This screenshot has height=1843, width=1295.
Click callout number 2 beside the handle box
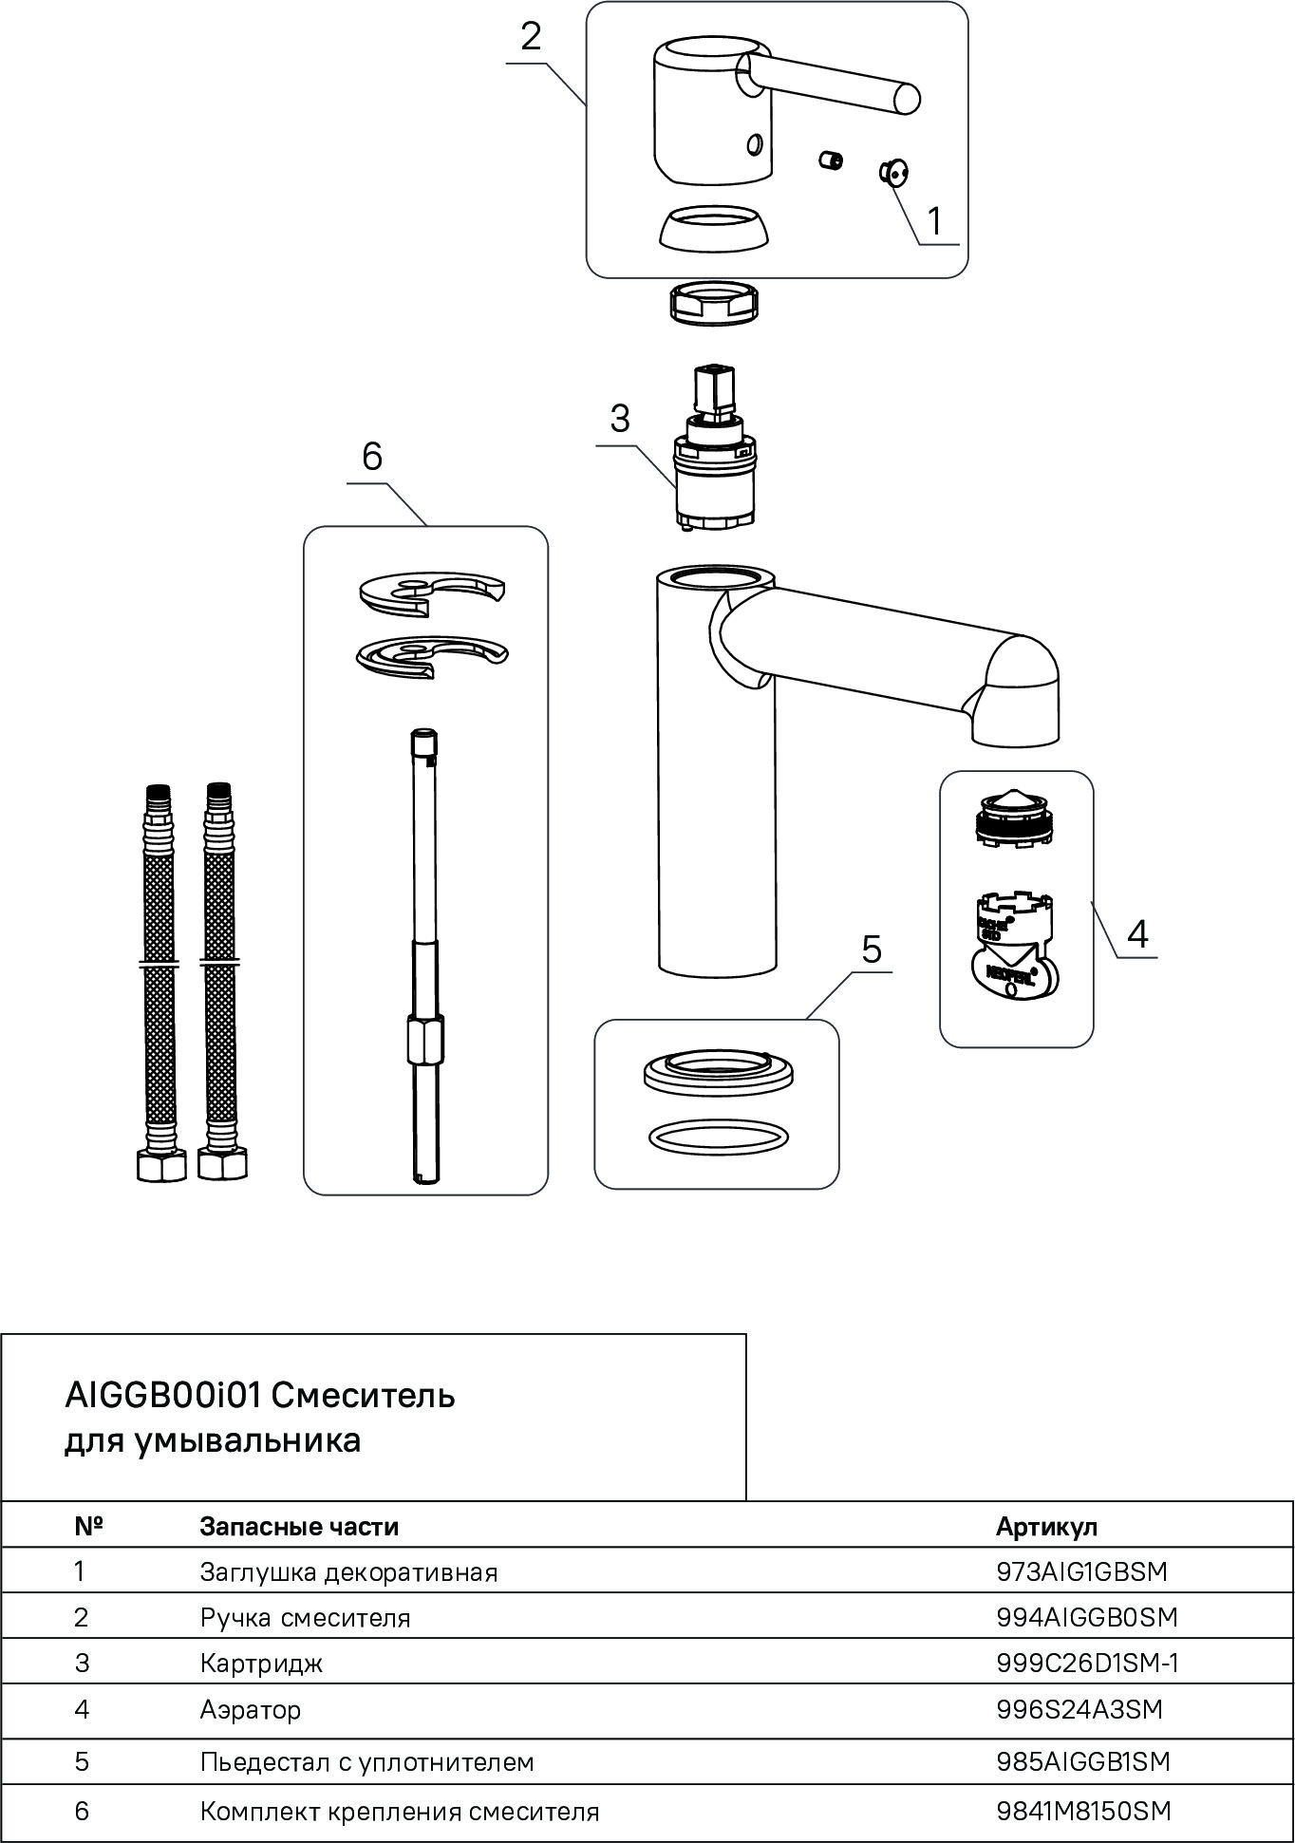[531, 37]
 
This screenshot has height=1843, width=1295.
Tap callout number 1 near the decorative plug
[934, 220]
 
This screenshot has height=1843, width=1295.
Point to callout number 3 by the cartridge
[620, 418]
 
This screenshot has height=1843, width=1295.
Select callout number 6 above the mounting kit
[372, 457]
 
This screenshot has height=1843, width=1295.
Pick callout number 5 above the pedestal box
[872, 949]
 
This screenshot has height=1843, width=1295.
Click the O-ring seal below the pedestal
[718, 1137]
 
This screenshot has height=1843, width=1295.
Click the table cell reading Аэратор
[251, 1709]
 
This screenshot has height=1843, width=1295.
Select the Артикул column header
[1046, 1526]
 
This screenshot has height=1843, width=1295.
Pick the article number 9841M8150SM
[1083, 1811]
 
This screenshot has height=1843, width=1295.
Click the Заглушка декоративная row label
[348, 1571]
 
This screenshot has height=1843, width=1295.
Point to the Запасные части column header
[299, 1526]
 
